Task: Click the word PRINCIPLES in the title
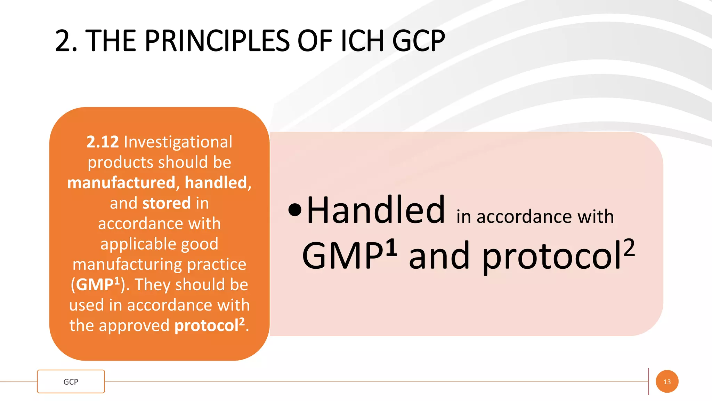tap(216, 41)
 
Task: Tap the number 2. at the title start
tap(66, 41)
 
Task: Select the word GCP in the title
tap(418, 41)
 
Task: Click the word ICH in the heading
tap(362, 41)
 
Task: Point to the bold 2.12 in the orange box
tap(103, 142)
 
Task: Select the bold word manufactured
tap(121, 183)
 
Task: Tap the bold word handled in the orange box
tap(216, 183)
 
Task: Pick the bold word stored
tap(167, 203)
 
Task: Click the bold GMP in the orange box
tap(94, 285)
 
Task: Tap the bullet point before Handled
tap(295, 210)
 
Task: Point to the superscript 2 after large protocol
tap(629, 247)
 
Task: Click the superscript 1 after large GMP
tap(391, 247)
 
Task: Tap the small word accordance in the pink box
tap(524, 217)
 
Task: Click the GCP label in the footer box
tap(71, 382)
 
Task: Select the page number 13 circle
tap(667, 382)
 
